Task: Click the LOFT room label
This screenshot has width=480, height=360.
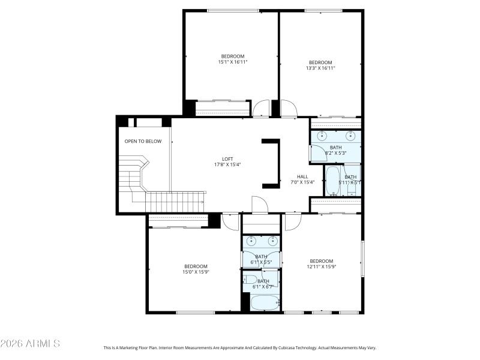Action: pos(223,158)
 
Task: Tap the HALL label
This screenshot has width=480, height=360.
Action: pos(302,176)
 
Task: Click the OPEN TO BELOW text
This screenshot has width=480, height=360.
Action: pos(143,142)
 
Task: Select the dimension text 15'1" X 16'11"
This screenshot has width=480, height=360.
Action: pos(232,62)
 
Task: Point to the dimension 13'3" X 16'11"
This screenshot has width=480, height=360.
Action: pos(320,68)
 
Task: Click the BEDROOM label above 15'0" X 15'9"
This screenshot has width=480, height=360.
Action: pos(196,266)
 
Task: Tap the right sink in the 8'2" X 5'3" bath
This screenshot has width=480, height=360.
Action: pos(351,135)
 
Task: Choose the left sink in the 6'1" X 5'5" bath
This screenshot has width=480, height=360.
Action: pos(251,242)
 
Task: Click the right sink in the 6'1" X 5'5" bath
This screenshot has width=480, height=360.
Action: pos(272,242)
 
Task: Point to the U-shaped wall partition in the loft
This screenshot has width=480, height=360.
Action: pos(273,162)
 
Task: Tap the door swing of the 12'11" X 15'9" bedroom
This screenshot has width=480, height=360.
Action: pos(292,223)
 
